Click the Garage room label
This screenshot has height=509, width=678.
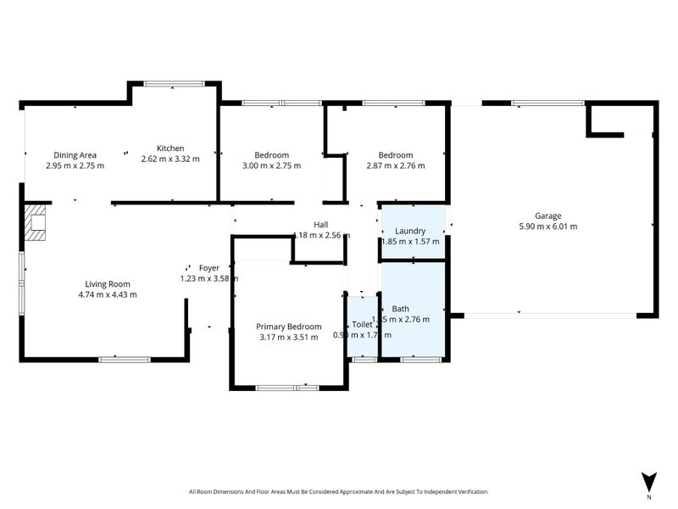point(547,215)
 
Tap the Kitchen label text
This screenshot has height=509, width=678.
point(170,148)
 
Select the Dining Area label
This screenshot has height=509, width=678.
point(75,155)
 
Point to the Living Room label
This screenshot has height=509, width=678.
point(107,284)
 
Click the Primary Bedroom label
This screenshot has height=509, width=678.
point(289,327)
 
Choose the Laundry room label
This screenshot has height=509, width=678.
point(410,231)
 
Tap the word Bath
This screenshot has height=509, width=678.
point(400,309)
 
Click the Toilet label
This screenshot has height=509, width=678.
point(362,324)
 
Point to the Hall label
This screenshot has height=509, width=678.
point(320,225)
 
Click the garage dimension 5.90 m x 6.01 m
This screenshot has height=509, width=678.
point(547,227)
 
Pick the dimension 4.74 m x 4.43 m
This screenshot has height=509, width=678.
point(107,295)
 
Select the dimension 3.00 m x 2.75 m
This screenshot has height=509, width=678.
point(271,166)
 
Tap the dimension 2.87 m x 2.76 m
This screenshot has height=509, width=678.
point(395,166)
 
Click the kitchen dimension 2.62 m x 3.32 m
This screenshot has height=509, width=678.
point(170,159)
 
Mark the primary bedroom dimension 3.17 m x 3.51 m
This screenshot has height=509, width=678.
point(289,338)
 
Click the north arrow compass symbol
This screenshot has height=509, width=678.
point(649,482)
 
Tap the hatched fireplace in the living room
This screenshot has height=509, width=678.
point(36,223)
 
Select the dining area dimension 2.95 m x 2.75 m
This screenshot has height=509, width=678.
point(75,166)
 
